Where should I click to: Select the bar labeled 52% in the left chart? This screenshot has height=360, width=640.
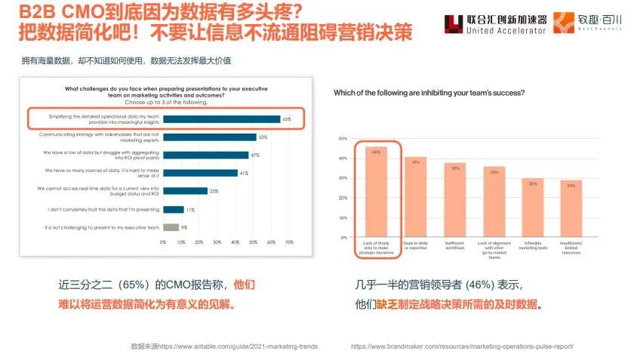click(x=209, y=137)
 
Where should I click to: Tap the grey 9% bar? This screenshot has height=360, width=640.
click(x=171, y=226)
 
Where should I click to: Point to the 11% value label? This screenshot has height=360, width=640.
click(x=189, y=209)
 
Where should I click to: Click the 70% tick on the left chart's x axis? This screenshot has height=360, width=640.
click(x=288, y=242)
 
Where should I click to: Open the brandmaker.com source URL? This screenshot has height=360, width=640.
click(x=463, y=346)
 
